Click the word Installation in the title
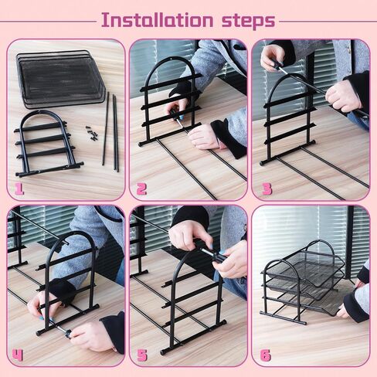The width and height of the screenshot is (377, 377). [x=157, y=20]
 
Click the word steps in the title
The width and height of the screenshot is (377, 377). [x=249, y=21]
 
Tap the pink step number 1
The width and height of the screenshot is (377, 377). [x=19, y=189]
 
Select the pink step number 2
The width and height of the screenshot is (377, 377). [x=141, y=189]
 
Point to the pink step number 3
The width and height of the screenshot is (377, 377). [x=267, y=189]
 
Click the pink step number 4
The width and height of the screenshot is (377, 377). [x=17, y=355]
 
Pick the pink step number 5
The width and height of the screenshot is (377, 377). [x=142, y=355]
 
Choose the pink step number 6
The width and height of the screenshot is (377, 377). [x=266, y=355]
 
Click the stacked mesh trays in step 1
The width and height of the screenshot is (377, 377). [x=60, y=79]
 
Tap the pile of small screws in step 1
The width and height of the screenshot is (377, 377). [x=92, y=134]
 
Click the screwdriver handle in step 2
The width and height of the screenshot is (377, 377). [x=174, y=113]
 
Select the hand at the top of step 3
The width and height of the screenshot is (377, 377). [x=273, y=57]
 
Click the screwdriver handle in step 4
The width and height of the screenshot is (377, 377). [x=66, y=334]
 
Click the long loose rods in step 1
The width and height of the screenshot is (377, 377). [x=110, y=131]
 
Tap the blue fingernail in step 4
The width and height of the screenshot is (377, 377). [x=42, y=319]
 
